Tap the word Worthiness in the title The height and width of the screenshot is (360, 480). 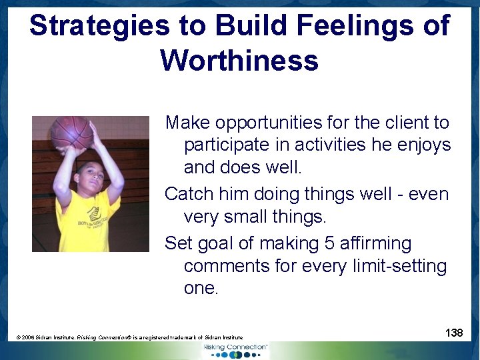(239, 61)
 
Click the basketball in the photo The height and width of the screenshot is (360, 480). (71, 132)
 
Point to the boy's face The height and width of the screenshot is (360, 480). (89, 176)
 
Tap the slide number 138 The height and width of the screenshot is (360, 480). (453, 332)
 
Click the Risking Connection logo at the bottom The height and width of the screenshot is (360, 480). (235, 349)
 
